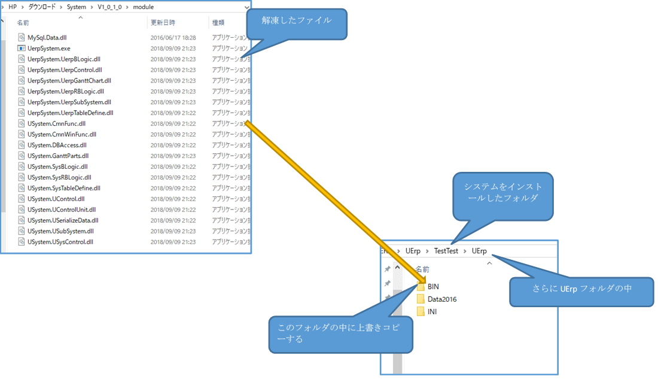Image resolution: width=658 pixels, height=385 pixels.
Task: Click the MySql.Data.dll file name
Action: coord(47,37)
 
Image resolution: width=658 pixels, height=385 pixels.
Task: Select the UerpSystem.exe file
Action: coord(48,48)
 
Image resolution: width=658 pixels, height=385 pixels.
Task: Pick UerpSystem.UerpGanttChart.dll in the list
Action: coord(69,80)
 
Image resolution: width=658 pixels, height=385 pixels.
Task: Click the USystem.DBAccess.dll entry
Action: coord(57,145)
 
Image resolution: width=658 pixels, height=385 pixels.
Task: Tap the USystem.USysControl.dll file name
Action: coord(60,242)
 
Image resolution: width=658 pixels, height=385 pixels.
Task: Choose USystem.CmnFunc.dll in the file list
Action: coord(56,123)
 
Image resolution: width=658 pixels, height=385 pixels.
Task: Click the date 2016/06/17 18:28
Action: coord(173,37)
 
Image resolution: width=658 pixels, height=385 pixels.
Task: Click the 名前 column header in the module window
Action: coord(23,22)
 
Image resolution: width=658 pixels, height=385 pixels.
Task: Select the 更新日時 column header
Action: coord(163,22)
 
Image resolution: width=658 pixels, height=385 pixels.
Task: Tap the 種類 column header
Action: coord(218,22)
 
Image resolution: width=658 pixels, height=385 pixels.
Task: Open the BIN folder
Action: coord(433,287)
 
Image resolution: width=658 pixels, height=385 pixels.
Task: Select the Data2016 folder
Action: coord(441,299)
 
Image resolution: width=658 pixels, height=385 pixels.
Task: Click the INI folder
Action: coord(432,311)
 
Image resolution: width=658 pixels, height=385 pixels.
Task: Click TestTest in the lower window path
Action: coord(446,251)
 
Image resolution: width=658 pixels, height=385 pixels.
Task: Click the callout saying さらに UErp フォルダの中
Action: coord(581,288)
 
